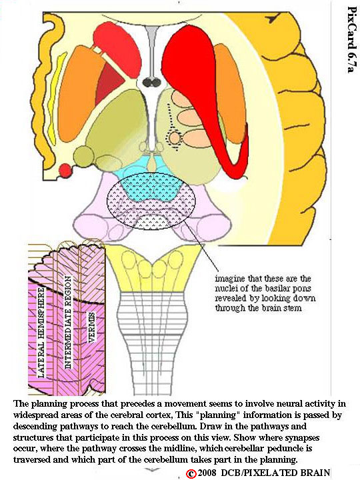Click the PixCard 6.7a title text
click(352, 40)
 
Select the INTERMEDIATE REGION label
click(67, 323)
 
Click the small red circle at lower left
click(65, 170)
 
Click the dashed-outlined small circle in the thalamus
click(175, 137)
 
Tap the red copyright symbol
click(191, 473)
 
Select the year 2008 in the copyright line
click(207, 473)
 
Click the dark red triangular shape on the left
click(111, 79)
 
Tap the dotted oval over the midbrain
click(151, 201)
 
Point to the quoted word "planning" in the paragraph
click(219, 416)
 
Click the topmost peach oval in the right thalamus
click(182, 97)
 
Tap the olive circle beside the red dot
click(84, 156)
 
